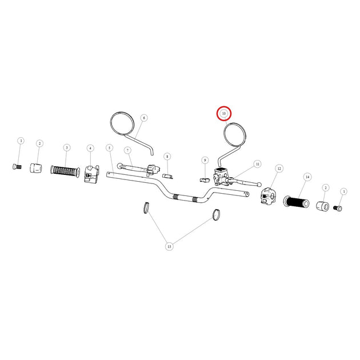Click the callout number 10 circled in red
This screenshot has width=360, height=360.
point(224,113)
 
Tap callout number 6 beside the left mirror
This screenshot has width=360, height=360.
point(144,118)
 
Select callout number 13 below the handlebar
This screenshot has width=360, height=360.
point(169,247)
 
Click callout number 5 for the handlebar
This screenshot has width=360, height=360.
point(110,147)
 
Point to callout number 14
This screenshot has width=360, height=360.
point(307,177)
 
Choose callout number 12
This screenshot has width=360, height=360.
point(279,169)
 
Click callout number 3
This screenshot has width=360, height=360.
point(67,147)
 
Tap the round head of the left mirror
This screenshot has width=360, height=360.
point(122,123)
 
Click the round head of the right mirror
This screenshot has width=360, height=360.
point(235,134)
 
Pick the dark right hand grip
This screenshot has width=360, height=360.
point(297,202)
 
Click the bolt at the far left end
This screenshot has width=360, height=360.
point(17,166)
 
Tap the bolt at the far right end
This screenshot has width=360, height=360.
point(338,208)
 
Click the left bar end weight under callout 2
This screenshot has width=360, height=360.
point(36,168)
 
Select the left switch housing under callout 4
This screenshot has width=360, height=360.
point(91,174)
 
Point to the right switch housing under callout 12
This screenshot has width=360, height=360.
point(268,196)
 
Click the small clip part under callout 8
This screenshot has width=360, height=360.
point(168,176)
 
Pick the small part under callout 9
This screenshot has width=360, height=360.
point(205,180)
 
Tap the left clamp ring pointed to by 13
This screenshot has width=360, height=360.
point(146,208)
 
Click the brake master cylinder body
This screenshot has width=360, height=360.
point(221,177)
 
